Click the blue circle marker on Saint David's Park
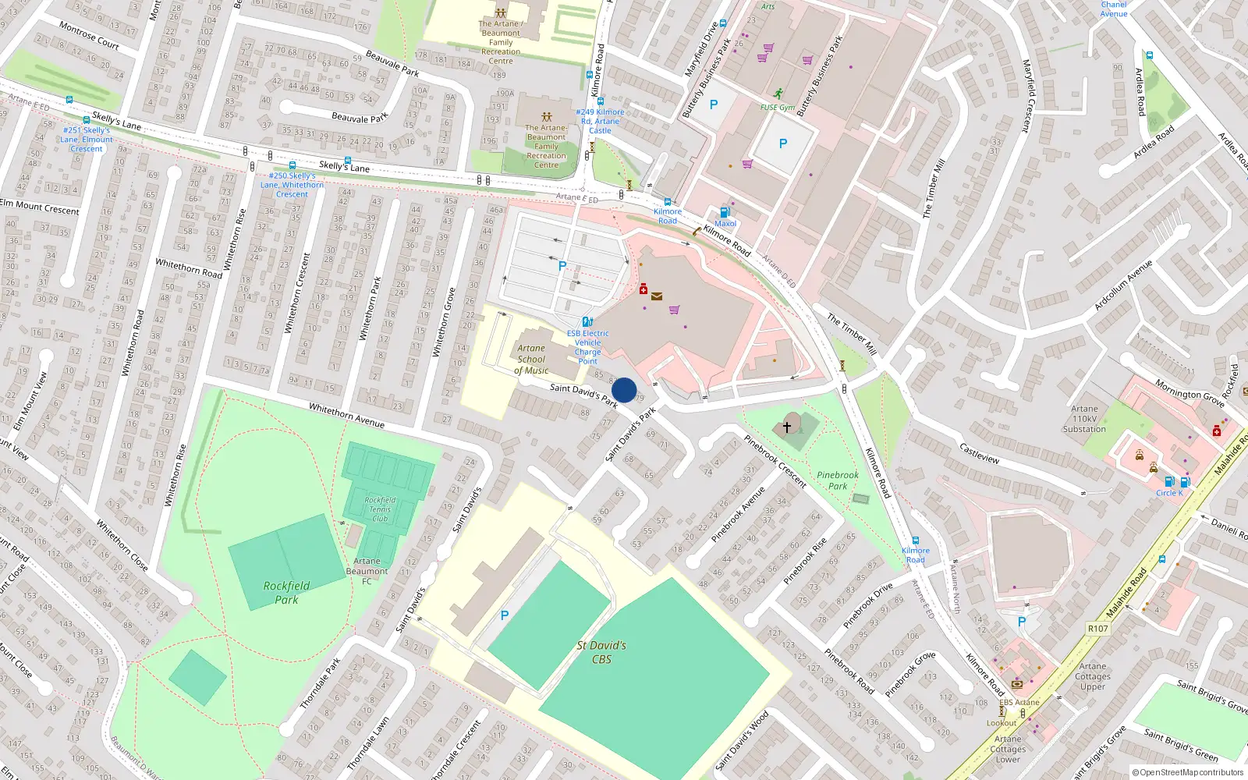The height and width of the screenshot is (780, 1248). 624,390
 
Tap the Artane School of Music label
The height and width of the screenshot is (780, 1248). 531,360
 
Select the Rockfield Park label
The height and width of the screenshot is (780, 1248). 286,592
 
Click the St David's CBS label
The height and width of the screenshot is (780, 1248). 601,652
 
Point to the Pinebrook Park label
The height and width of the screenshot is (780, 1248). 838,480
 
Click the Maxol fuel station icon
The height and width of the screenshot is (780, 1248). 725,212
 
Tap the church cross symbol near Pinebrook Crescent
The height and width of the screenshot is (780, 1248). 787,427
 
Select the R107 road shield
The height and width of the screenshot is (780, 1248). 1097,628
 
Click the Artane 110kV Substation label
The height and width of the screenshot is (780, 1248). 1084,419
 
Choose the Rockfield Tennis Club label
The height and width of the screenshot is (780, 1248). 380,509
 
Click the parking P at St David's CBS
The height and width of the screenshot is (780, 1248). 505,615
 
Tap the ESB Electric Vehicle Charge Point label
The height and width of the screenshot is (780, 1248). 588,347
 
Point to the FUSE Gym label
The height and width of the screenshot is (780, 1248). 778,108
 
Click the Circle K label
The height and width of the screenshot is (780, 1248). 1169,493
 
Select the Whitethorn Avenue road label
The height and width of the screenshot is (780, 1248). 346,415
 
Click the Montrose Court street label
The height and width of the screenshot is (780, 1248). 89,35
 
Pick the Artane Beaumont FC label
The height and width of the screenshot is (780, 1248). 367,571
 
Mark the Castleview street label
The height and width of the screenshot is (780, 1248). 980,453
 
